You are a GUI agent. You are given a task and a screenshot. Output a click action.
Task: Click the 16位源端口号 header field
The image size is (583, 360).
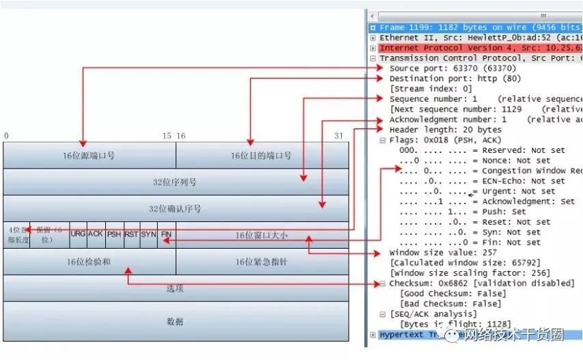click(x=89, y=156)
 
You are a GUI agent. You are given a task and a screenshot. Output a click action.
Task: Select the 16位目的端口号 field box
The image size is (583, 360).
click(x=260, y=156)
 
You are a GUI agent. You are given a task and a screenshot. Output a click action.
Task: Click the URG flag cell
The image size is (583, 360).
click(x=78, y=234)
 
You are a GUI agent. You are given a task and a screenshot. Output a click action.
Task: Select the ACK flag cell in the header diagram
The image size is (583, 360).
click(x=96, y=234)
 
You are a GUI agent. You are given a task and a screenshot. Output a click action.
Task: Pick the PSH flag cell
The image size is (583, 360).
click(x=113, y=234)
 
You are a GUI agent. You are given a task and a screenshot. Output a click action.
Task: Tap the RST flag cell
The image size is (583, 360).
click(x=131, y=234)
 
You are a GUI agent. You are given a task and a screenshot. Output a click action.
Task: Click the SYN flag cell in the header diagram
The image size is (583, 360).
click(x=149, y=234)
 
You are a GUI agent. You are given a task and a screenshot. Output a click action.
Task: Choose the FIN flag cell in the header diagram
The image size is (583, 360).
click(x=166, y=234)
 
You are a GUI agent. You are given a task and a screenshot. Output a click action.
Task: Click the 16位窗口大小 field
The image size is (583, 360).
click(x=260, y=235)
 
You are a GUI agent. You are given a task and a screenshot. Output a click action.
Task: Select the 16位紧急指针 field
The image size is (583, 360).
click(x=260, y=262)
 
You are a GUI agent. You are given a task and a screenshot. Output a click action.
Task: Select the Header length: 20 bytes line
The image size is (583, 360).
click(x=445, y=130)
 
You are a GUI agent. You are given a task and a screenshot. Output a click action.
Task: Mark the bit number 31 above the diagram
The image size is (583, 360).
click(x=338, y=136)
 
